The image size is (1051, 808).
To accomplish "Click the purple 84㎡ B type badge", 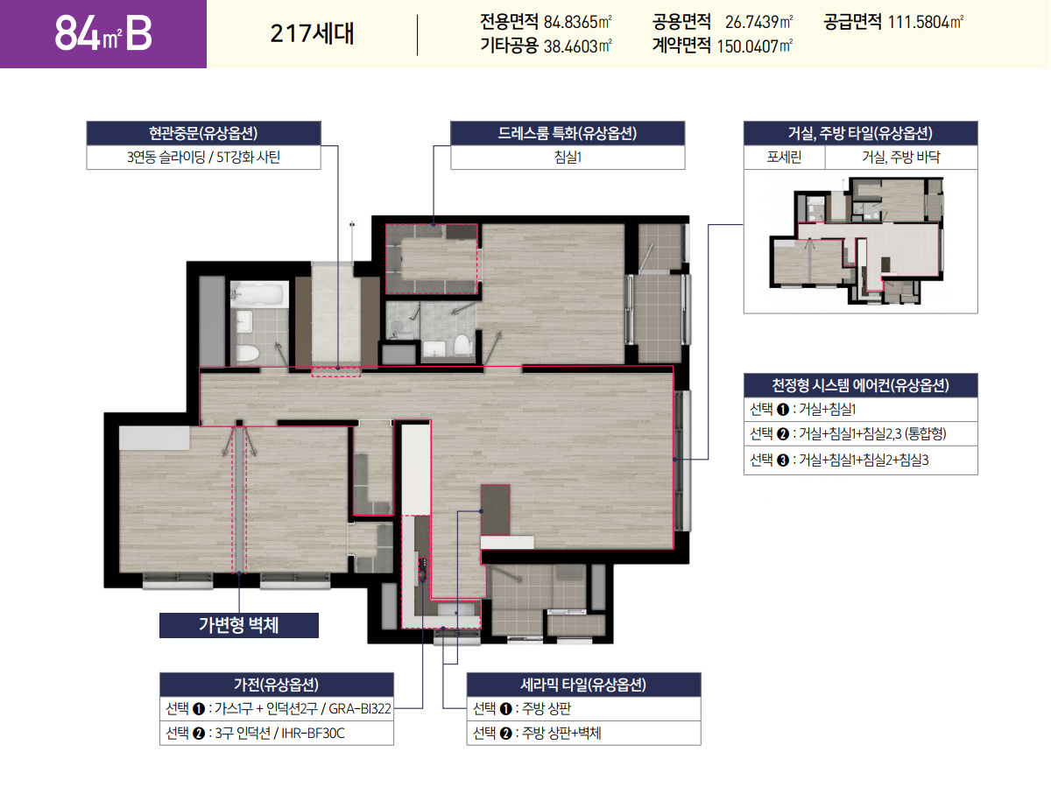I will [102, 33].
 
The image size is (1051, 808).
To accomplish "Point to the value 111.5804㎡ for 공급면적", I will [926, 21].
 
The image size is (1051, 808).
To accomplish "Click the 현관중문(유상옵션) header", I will [203, 134].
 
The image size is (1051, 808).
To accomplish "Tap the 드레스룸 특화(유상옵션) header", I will [567, 134].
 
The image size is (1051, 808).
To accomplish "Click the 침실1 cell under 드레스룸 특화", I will [567, 158].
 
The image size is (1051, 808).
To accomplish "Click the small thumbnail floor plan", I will [859, 240].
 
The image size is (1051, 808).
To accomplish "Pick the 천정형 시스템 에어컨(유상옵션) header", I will [860, 385].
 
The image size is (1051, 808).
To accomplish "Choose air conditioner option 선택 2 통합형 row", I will [860, 434].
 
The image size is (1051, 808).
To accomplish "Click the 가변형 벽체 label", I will [238, 625].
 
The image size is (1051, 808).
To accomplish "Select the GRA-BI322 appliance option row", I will [277, 708].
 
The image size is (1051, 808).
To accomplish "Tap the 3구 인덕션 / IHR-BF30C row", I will [277, 733].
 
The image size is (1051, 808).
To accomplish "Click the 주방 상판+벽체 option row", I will [583, 733].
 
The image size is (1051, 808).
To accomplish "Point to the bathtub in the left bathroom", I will [259, 295].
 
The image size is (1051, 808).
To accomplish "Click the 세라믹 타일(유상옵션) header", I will [583, 685].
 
